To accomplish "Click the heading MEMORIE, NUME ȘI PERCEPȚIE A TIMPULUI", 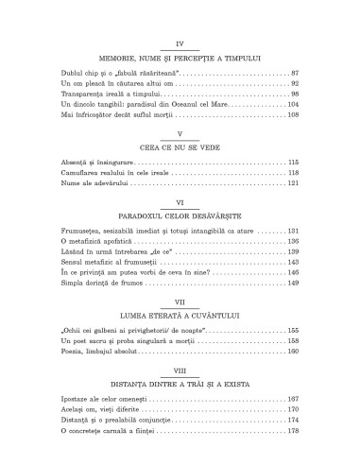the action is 180,58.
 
